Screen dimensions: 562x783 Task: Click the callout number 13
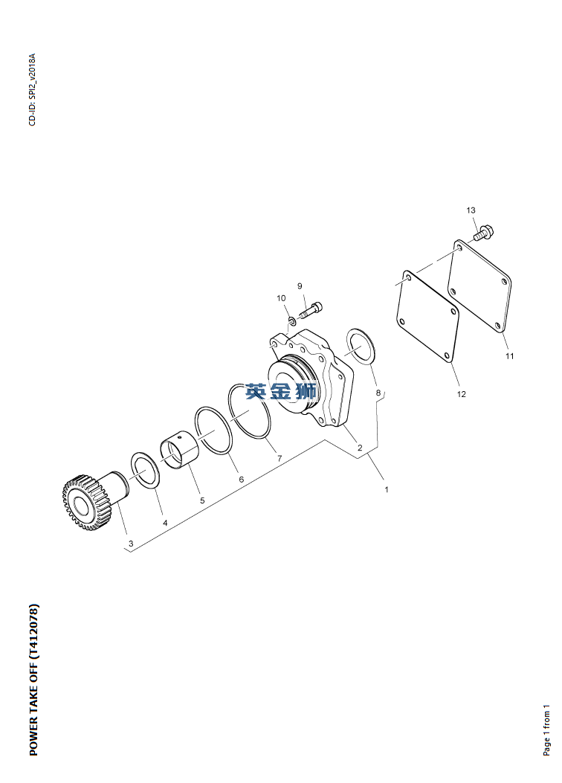click(471, 210)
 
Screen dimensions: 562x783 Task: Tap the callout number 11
click(509, 356)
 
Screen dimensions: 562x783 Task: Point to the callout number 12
click(461, 394)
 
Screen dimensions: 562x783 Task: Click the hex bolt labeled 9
click(311, 309)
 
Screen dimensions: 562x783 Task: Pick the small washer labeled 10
click(291, 320)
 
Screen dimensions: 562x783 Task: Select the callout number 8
click(378, 393)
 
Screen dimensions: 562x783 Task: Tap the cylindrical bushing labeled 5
click(180, 451)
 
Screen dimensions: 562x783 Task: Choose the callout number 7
click(280, 458)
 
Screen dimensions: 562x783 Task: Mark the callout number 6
click(241, 480)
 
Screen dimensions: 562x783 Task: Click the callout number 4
click(165, 523)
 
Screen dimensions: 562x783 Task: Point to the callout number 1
click(386, 489)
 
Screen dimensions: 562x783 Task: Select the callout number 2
click(359, 448)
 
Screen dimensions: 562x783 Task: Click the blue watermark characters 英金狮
click(281, 391)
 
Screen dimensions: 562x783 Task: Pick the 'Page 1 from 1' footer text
click(546, 730)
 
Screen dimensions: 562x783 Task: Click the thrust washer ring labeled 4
click(145, 469)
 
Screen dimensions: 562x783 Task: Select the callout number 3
click(131, 544)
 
